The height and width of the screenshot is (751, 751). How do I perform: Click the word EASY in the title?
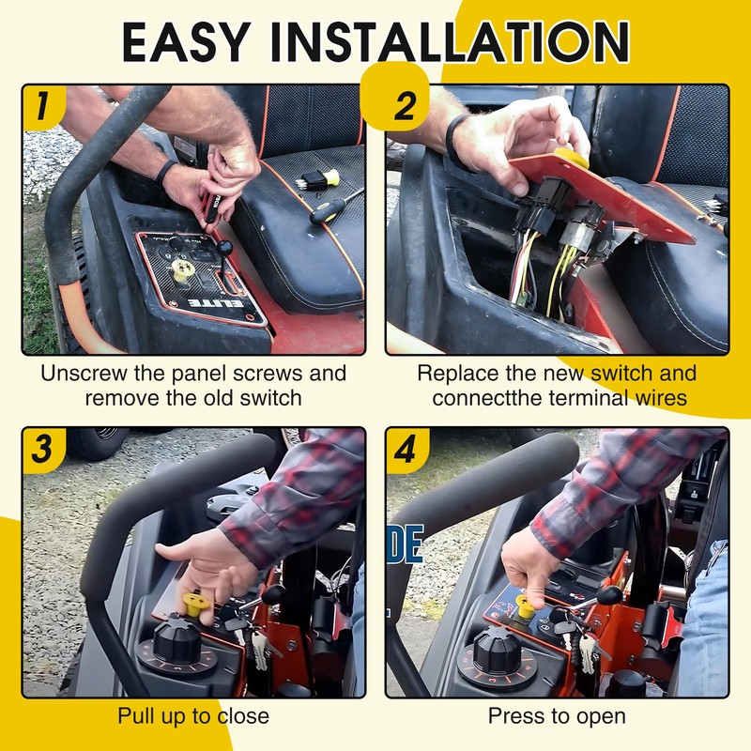click(x=186, y=42)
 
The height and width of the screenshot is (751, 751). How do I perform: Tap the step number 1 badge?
click(x=43, y=107)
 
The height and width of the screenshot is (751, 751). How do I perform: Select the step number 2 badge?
click(x=395, y=98)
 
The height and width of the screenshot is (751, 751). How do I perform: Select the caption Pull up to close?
click(x=193, y=716)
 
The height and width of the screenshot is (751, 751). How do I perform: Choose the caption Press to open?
click(x=557, y=716)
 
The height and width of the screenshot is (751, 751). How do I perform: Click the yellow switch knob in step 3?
click(x=196, y=605)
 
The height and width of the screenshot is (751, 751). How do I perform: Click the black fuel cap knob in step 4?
click(x=498, y=648)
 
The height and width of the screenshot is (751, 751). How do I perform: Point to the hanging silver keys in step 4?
click(x=586, y=649)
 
